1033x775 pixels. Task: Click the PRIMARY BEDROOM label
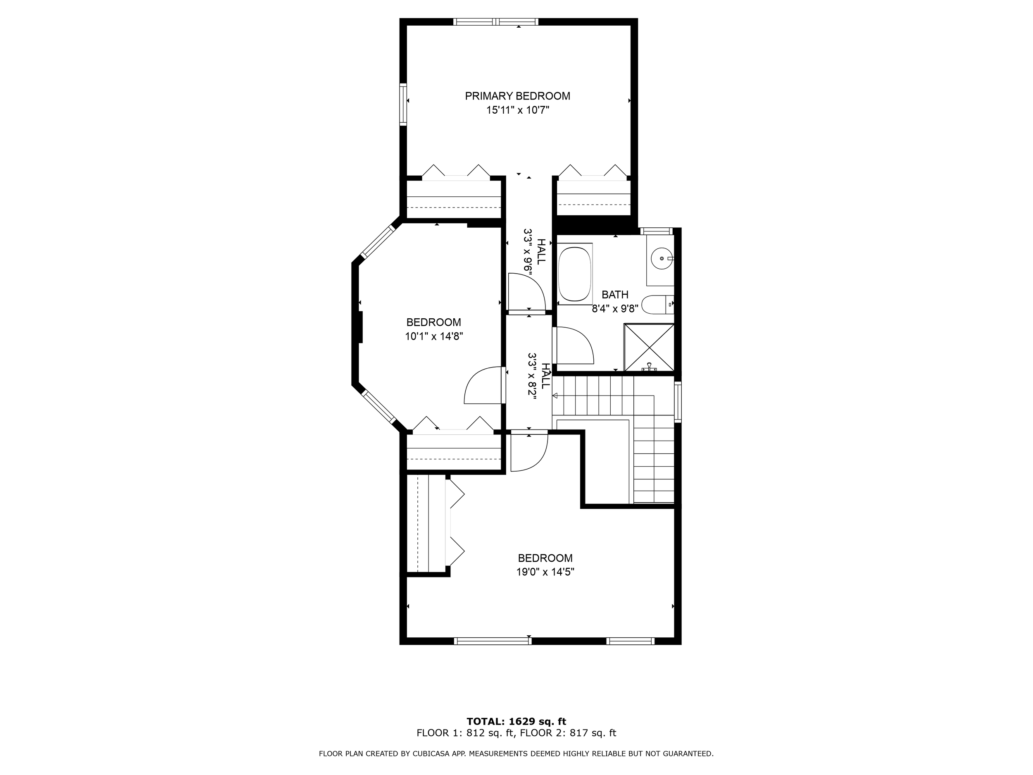tap(517, 96)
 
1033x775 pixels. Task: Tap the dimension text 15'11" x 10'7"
tap(517, 110)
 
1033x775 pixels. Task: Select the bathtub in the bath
tap(575, 274)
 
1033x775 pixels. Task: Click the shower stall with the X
tap(649, 348)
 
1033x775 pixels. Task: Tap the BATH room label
tap(614, 295)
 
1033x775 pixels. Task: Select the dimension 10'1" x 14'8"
tap(433, 336)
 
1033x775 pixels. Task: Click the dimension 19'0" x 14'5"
tap(545, 572)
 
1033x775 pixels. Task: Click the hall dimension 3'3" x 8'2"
tap(532, 375)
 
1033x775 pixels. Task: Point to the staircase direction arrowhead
tap(555, 396)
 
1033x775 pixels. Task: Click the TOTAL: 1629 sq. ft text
tap(516, 722)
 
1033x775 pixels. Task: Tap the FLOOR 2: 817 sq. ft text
tap(568, 733)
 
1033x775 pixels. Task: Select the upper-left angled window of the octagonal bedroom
tap(378, 241)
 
